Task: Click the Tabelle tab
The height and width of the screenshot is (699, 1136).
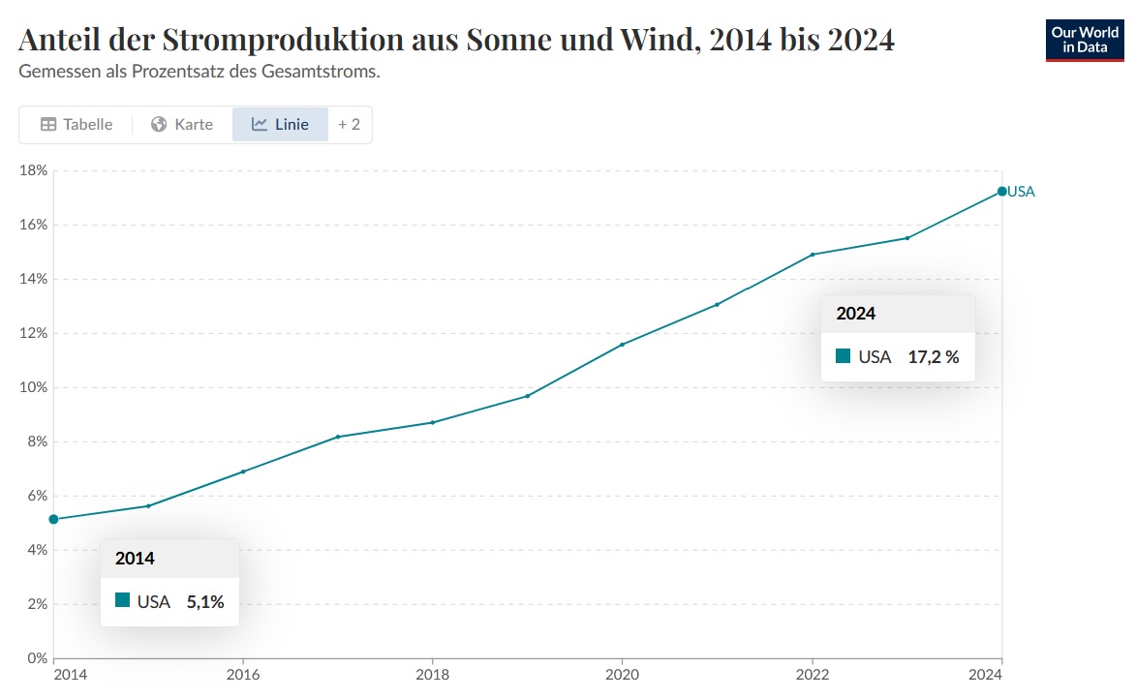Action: click(77, 124)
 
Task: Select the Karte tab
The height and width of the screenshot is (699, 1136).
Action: click(182, 124)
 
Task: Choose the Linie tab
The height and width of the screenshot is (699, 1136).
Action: click(280, 124)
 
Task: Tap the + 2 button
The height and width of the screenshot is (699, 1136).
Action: click(349, 124)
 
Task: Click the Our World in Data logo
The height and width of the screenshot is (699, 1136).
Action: click(1085, 40)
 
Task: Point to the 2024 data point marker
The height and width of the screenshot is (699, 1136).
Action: click(1001, 192)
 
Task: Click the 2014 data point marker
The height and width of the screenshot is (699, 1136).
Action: click(53, 519)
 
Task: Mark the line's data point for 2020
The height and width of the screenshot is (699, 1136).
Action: click(622, 344)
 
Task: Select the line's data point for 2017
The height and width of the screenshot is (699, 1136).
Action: click(338, 437)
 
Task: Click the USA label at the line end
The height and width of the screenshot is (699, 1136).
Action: click(1021, 192)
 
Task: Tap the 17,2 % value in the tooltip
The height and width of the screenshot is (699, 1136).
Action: click(933, 356)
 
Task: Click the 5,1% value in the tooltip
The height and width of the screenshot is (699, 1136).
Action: click(205, 601)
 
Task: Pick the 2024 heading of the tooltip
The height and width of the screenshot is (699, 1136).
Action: click(856, 314)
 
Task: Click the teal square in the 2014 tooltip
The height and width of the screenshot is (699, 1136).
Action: click(122, 600)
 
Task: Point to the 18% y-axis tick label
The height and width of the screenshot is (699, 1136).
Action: click(34, 170)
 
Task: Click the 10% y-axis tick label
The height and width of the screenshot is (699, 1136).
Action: click(34, 387)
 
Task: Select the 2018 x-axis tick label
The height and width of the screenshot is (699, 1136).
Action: click(432, 675)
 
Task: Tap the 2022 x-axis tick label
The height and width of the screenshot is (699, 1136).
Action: click(812, 675)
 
